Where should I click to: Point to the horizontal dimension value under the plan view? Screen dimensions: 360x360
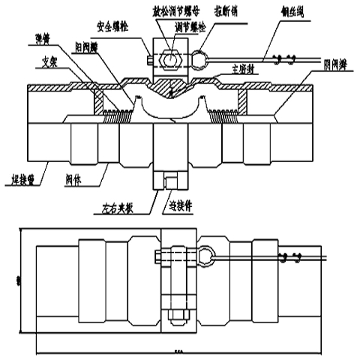pyautogui.click(x=178, y=351)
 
